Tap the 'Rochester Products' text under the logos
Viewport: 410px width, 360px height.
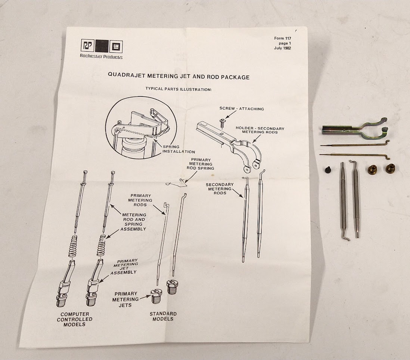click(101, 57)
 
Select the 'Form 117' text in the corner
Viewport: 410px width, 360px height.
click(282, 38)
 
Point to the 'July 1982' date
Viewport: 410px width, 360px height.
click(282, 48)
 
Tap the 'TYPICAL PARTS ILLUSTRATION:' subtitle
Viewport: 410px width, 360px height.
click(178, 89)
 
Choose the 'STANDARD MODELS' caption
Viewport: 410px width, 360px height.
click(163, 316)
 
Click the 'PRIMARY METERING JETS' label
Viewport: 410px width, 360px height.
click(126, 299)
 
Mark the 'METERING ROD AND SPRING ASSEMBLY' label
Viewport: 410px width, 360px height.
click(134, 222)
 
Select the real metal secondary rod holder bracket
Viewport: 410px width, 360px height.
click(353, 127)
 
